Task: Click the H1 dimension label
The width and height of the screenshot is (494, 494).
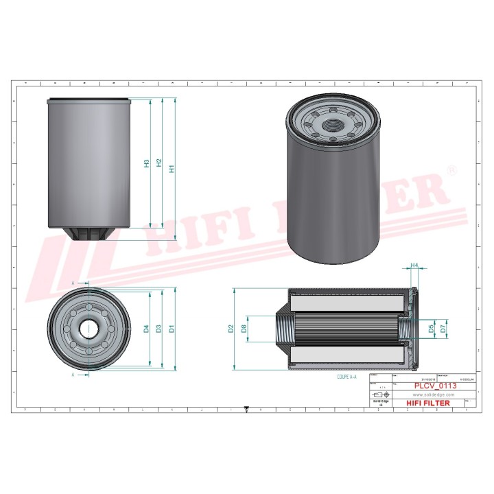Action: coord(172,167)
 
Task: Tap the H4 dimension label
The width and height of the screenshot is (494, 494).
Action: coord(414,265)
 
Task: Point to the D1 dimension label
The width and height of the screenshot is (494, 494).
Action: coord(172,329)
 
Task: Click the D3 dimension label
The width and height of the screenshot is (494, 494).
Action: coord(159,329)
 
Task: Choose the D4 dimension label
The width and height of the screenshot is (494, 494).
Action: coord(146,329)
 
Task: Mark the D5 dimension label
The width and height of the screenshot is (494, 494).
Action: coord(431,329)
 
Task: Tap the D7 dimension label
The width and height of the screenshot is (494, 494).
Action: coord(444,329)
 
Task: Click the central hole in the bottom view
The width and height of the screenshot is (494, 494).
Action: coord(89,329)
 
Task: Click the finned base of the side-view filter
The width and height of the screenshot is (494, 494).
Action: coord(89,234)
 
